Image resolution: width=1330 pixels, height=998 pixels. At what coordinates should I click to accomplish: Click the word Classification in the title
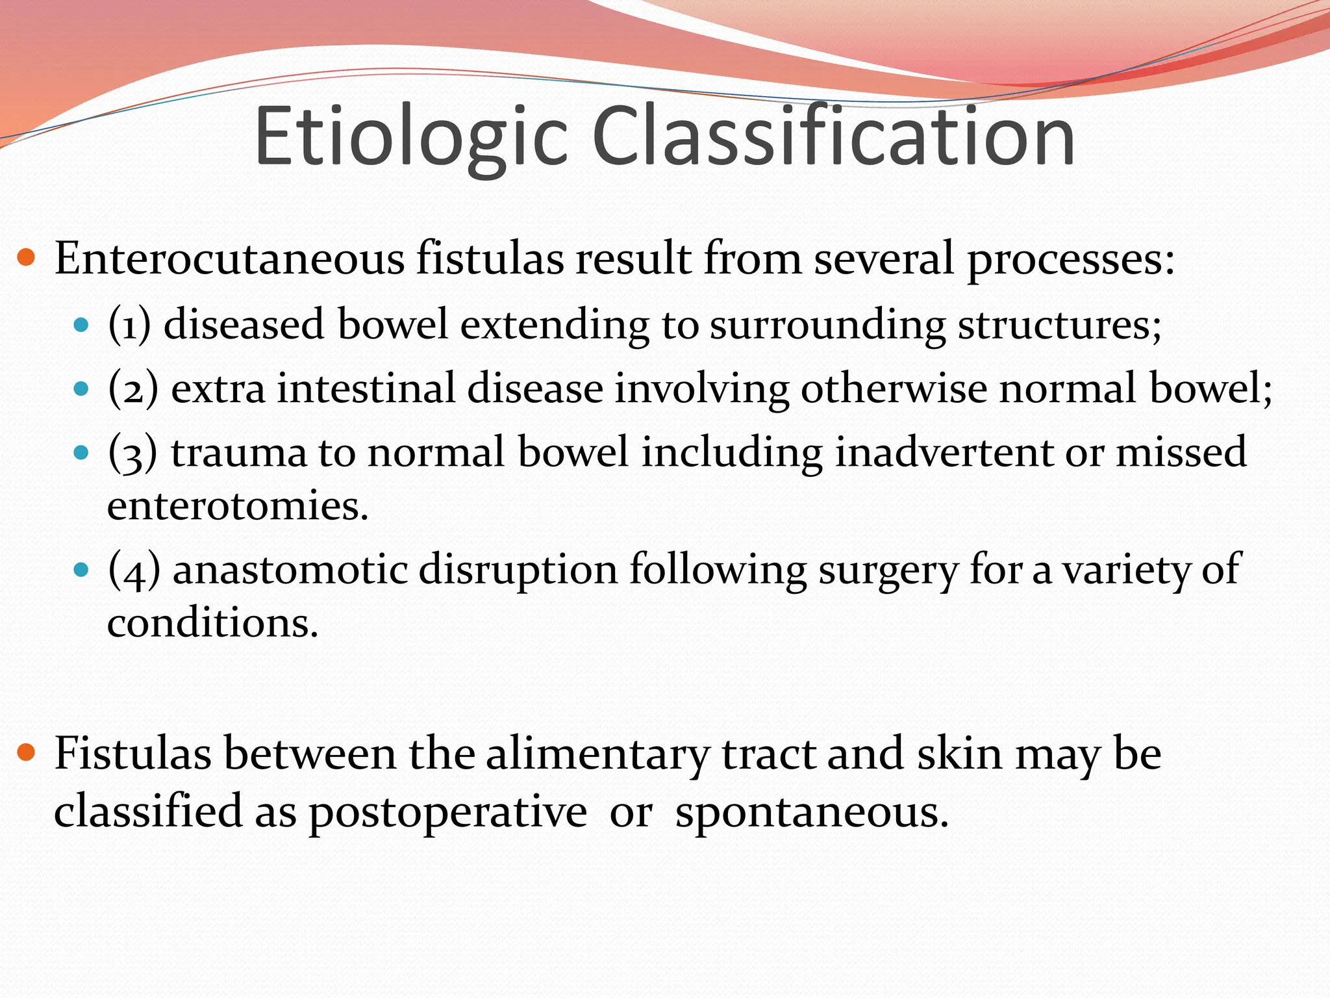(x=833, y=138)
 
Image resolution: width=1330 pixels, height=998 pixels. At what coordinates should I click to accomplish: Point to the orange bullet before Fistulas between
(x=26, y=754)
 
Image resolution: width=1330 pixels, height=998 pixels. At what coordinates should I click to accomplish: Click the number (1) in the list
(x=129, y=324)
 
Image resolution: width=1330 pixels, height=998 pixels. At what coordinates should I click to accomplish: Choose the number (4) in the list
(x=134, y=570)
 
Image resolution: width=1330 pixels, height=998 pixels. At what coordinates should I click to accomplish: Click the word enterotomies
(x=237, y=506)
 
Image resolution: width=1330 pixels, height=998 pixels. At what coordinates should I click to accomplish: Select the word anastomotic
(x=290, y=570)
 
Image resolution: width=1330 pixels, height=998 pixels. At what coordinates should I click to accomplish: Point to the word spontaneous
(x=812, y=812)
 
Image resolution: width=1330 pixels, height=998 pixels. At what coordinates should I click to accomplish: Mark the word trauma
(x=239, y=452)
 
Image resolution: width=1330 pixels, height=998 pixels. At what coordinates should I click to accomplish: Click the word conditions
(x=212, y=623)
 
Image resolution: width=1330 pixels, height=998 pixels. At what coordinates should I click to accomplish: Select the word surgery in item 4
(x=888, y=570)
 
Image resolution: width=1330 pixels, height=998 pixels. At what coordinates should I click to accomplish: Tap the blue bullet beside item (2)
(x=81, y=389)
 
